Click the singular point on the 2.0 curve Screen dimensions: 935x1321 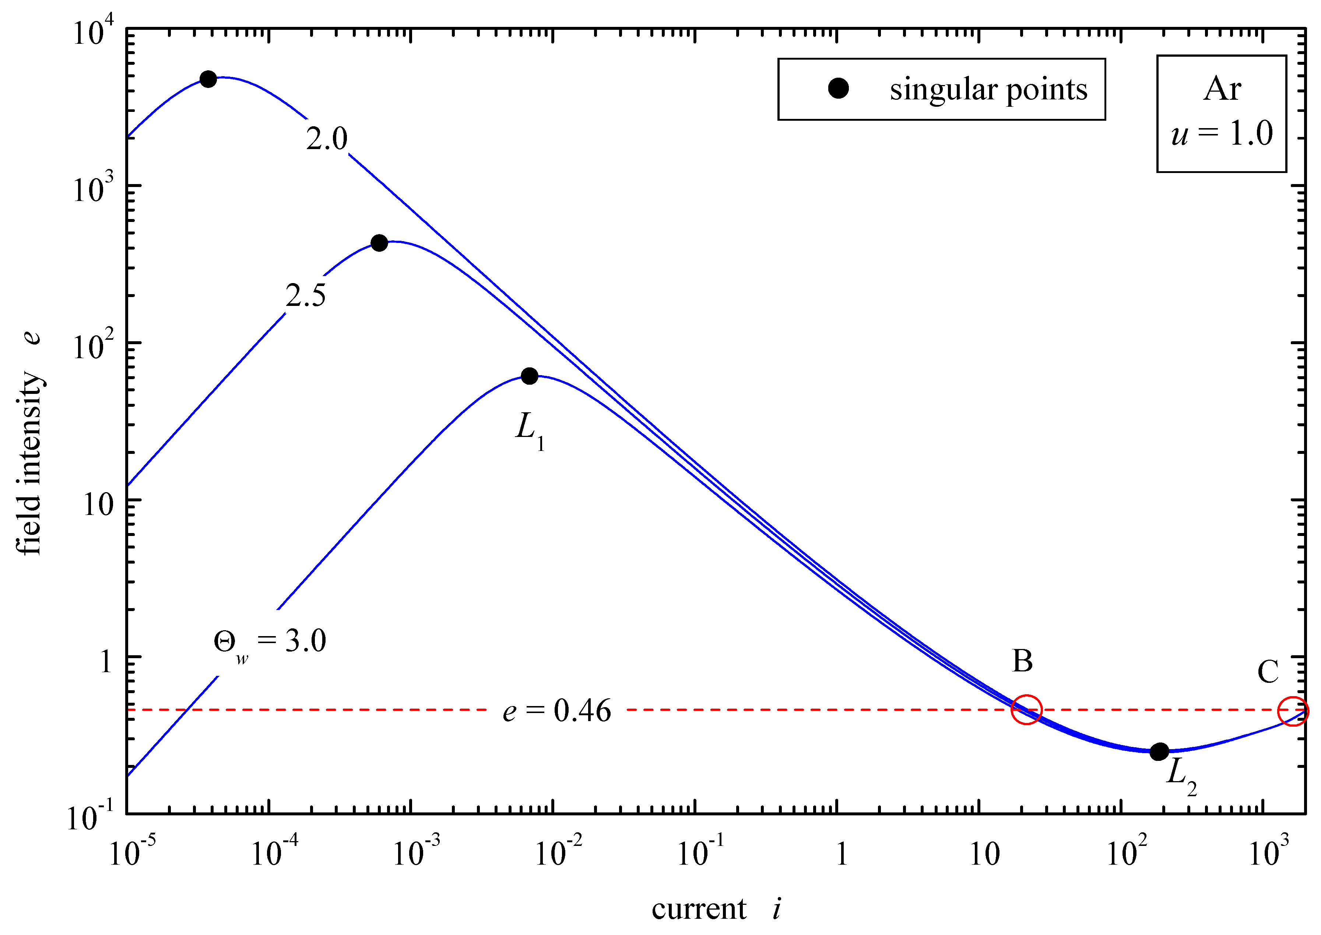(x=208, y=79)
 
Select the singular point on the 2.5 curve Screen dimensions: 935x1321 (x=379, y=243)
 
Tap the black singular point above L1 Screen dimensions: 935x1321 (x=529, y=376)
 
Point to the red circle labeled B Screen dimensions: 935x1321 (x=1026, y=709)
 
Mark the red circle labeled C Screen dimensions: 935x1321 (x=1293, y=711)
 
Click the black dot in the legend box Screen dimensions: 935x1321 (x=839, y=89)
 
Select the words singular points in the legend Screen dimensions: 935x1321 (x=988, y=89)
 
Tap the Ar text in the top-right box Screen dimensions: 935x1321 (x=1222, y=89)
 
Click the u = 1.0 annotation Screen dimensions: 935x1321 (x=1222, y=134)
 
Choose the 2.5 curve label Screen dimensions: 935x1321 (x=305, y=295)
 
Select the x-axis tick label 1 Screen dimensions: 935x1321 (x=841, y=854)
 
